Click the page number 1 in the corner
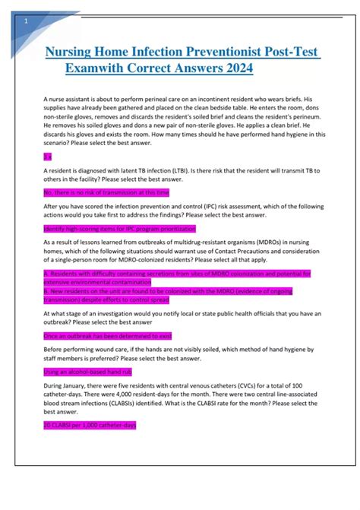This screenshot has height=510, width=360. [27, 21]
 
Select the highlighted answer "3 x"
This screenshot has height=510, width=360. [48, 156]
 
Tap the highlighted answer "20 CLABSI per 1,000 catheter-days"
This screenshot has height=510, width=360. [90, 425]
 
